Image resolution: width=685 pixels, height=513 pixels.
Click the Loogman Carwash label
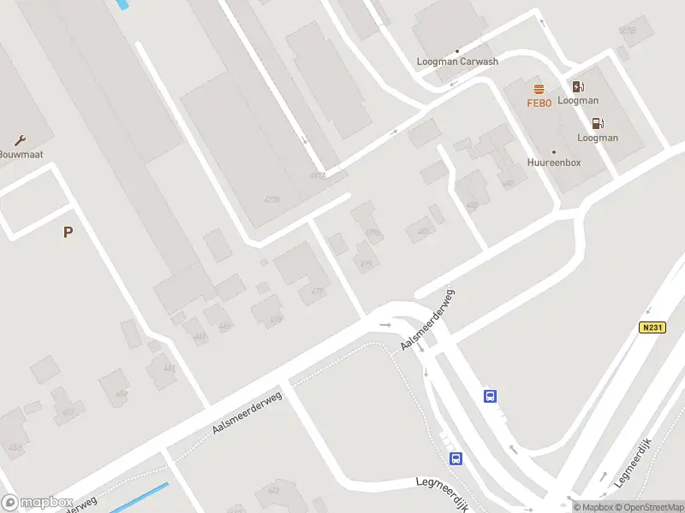pyautogui.click(x=457, y=62)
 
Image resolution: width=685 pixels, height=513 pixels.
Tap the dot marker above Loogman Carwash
pyautogui.click(x=457, y=51)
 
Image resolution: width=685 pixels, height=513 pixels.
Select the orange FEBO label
pyautogui.click(x=539, y=103)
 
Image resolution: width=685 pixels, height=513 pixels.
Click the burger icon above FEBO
pyautogui.click(x=539, y=89)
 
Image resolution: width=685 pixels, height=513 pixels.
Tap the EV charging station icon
pyautogui.click(x=578, y=86)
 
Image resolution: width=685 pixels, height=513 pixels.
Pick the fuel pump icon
pyautogui.click(x=598, y=124)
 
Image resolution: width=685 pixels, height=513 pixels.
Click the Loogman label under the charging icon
pyautogui.click(x=578, y=101)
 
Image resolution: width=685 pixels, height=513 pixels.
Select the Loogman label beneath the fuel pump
pyautogui.click(x=598, y=138)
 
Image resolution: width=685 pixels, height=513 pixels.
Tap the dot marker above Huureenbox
pyautogui.click(x=554, y=150)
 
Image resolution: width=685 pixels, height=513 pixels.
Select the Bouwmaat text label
pyautogui.click(x=21, y=155)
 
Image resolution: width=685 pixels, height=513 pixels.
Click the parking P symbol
pyautogui.click(x=68, y=232)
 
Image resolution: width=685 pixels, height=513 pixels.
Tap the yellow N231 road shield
pyautogui.click(x=652, y=327)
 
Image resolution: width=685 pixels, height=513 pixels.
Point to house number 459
pyautogui.click(x=122, y=393)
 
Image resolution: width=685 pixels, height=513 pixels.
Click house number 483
pyautogui.click(x=420, y=231)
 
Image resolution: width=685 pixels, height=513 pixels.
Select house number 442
pyautogui.click(x=274, y=490)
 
